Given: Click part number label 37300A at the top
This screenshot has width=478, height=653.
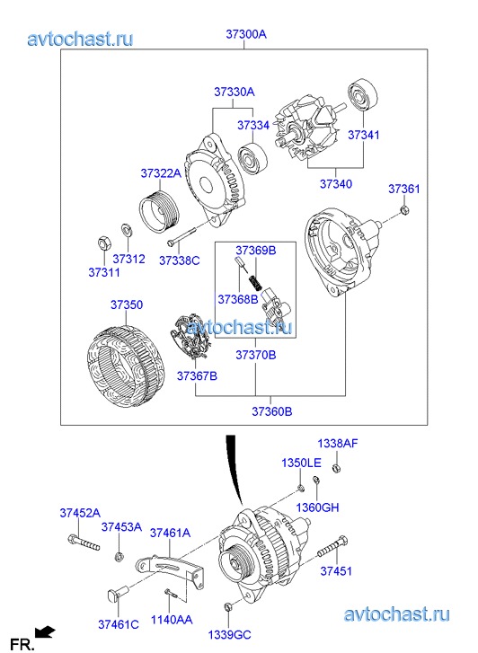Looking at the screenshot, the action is [x=246, y=34].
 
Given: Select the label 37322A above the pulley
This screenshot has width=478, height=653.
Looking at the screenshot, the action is [x=161, y=172].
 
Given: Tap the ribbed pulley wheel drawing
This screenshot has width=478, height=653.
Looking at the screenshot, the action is [x=159, y=211].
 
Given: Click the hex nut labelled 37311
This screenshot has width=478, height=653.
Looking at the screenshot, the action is [x=103, y=243].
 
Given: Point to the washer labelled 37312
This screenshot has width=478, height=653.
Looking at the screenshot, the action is [x=126, y=230].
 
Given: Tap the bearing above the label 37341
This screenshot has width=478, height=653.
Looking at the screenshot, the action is [x=363, y=94].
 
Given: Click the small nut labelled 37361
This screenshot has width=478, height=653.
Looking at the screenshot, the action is [x=403, y=209].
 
